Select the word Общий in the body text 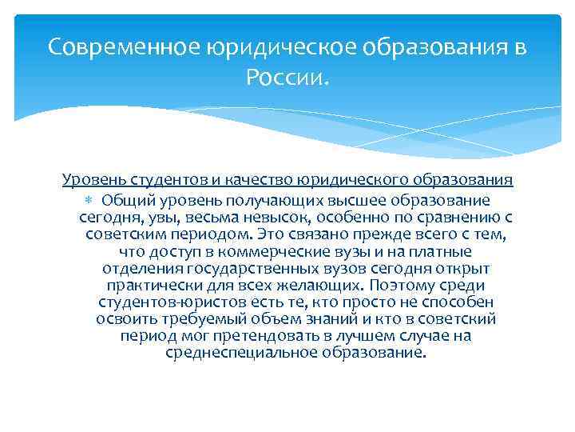click(x=125, y=199)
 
